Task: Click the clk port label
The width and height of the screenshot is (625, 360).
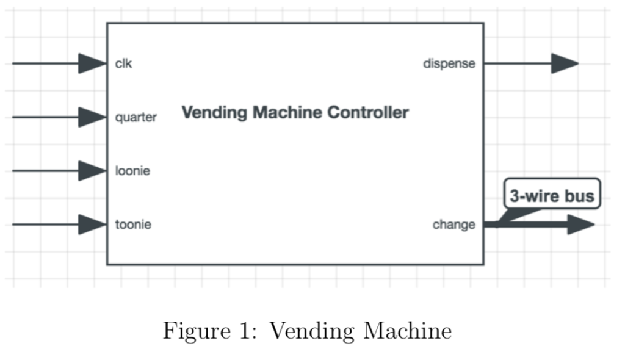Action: pos(123,63)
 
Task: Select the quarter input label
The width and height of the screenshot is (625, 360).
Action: pos(135,117)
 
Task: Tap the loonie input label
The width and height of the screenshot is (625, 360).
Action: pos(132,171)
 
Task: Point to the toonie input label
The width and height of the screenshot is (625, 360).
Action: pos(133,225)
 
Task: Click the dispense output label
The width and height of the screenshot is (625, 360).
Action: pos(449,63)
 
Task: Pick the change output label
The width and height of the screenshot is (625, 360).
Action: pos(453,225)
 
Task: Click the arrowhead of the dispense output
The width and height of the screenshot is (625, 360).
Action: pos(565,63)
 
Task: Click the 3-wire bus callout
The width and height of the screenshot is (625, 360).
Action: pos(552,196)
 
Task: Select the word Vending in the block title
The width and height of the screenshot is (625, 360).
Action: pos(214,113)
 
